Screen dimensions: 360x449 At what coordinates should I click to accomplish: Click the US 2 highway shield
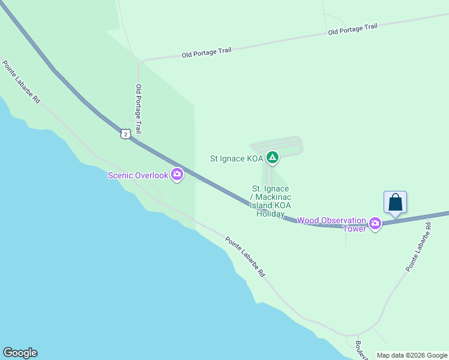point(124,134)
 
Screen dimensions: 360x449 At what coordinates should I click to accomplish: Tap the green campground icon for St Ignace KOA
point(272,158)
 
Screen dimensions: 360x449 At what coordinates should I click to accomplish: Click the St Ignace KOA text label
point(237,159)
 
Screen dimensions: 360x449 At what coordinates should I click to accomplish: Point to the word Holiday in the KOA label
point(270,214)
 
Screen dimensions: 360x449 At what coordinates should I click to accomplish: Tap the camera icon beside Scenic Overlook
point(177,175)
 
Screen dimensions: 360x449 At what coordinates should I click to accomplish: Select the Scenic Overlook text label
point(137,175)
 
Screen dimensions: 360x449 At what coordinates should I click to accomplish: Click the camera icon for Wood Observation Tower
point(375,224)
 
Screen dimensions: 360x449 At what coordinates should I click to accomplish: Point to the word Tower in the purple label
point(354,229)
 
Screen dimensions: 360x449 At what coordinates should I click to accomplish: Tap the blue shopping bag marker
point(395,202)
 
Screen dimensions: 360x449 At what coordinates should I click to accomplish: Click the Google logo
point(20,353)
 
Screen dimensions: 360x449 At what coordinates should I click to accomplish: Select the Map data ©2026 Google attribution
point(412,355)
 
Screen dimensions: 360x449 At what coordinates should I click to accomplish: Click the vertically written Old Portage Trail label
point(139,109)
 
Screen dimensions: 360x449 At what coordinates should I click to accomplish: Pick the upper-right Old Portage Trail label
point(353,29)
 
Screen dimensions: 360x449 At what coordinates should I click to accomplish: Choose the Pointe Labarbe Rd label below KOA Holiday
point(245,256)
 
